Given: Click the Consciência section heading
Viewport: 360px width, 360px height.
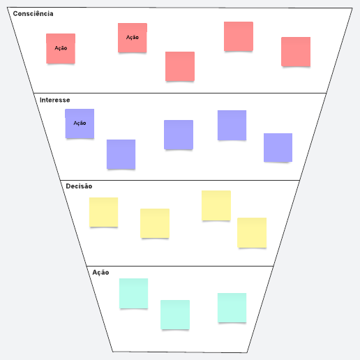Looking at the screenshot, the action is (x=33, y=14).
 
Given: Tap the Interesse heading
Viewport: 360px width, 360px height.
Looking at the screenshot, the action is (x=55, y=100).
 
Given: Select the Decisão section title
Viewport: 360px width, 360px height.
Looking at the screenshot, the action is (x=79, y=186).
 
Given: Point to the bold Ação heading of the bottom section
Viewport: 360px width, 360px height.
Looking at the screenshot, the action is (x=100, y=273).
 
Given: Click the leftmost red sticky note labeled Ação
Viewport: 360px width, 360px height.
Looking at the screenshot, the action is (x=61, y=48).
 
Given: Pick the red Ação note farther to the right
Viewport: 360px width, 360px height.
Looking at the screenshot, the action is (x=133, y=38).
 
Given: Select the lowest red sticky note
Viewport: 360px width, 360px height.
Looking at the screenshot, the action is (x=180, y=66).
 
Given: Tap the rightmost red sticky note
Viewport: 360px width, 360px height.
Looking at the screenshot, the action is (x=296, y=52).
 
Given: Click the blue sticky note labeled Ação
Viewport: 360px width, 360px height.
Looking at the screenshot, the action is (x=80, y=123).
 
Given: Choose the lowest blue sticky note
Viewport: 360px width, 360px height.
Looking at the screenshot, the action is (x=121, y=154).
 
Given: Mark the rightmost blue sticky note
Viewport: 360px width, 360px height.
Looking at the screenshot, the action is (x=278, y=147).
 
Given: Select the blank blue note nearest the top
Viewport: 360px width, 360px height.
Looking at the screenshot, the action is (x=232, y=125).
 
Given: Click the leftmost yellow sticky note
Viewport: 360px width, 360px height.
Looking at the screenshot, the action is (x=104, y=212).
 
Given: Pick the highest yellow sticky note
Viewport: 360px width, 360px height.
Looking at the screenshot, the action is (x=216, y=205).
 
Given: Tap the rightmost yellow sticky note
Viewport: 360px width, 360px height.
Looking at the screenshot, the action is (x=252, y=232).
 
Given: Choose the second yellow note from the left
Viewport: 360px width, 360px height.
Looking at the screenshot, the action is (x=155, y=223).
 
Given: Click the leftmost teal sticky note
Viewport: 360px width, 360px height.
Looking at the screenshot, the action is (x=133, y=293).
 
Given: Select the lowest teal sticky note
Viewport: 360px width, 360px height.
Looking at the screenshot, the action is (x=175, y=315).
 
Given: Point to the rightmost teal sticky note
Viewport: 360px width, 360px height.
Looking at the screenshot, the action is (x=232, y=308).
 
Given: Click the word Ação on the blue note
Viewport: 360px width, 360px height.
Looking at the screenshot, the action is (x=80, y=123).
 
